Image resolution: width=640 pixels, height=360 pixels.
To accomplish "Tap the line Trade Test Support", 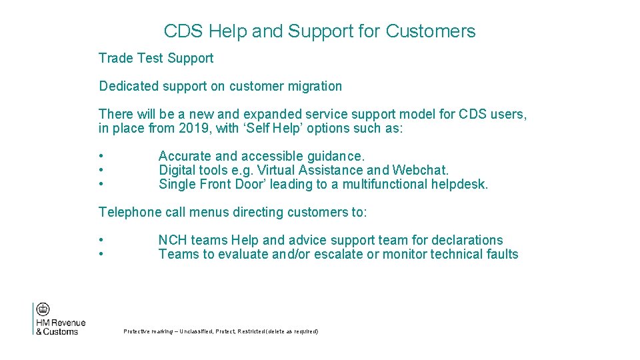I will click(156, 58).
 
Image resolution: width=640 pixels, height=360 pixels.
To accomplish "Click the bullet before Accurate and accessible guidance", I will click(101, 156).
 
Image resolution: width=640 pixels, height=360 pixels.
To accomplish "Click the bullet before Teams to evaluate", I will click(101, 254).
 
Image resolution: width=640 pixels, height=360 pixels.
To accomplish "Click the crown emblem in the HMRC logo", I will click(43, 309).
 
